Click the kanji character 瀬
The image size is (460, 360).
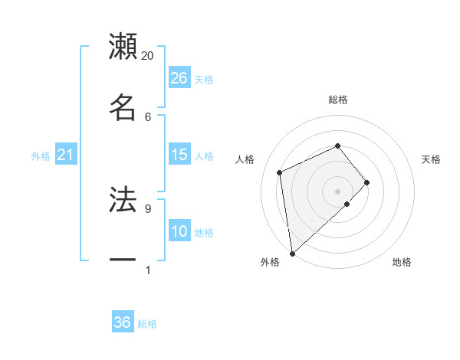point(123,47)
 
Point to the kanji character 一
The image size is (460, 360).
point(123,260)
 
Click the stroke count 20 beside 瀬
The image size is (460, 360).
point(148,56)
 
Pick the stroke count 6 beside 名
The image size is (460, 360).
point(148,116)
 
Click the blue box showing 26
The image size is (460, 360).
point(179,77)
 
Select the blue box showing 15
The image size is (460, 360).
point(179,155)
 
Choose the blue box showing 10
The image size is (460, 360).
point(179,231)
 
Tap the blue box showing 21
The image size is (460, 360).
point(66,155)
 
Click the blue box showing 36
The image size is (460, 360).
point(123,322)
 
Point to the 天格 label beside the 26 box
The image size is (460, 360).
point(204,79)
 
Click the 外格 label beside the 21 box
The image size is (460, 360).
point(41,156)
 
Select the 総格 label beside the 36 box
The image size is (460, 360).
point(147,324)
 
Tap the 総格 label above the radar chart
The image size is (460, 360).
point(338,100)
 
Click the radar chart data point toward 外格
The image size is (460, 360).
point(292,253)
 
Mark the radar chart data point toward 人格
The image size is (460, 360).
point(280,172)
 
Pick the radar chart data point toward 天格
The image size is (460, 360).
point(367,182)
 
